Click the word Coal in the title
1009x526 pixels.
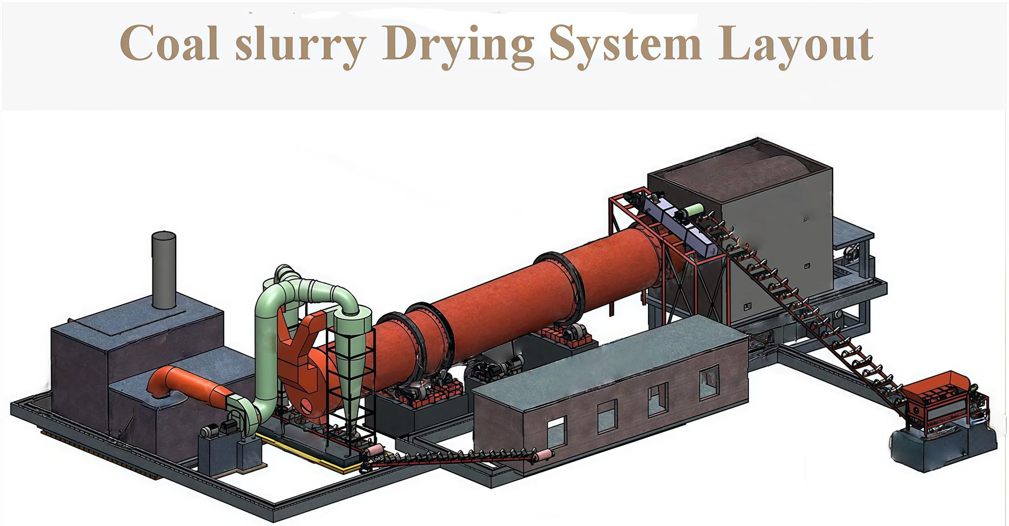(169, 43)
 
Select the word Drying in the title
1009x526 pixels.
(458, 46)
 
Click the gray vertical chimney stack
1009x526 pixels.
(163, 270)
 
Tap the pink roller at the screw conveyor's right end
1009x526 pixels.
(544, 455)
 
